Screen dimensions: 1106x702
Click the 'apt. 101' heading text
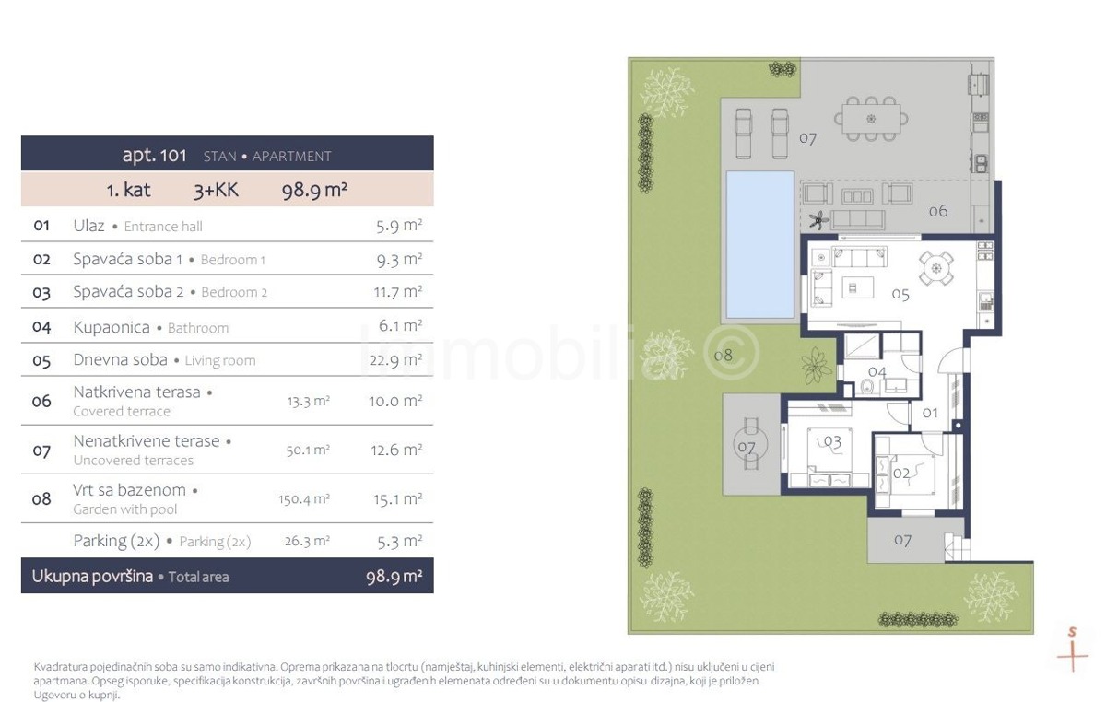point(154,156)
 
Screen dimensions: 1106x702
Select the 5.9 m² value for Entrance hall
point(399,226)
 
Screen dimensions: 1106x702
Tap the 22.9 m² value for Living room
point(395,360)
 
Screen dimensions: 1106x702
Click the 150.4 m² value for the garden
point(304,499)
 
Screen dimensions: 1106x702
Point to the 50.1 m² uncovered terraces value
point(308,450)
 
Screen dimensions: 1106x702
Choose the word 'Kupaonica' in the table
point(112,327)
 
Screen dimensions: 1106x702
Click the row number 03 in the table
point(41,292)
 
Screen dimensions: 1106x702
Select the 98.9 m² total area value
point(394,577)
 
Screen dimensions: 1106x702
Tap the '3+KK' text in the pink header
point(217,190)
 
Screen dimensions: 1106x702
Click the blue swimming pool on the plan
point(759,245)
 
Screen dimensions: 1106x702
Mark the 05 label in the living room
point(900,295)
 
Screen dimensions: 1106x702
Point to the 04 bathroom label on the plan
point(877,371)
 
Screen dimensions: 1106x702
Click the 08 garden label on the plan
point(724,355)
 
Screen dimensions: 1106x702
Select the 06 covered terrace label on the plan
point(938,211)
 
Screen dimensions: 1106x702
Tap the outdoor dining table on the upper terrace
point(871,119)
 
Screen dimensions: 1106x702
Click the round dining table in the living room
point(936,269)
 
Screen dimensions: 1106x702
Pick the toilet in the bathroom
point(867,387)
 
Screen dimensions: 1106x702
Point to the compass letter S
point(1072,631)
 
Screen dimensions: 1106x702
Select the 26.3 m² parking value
point(307,541)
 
